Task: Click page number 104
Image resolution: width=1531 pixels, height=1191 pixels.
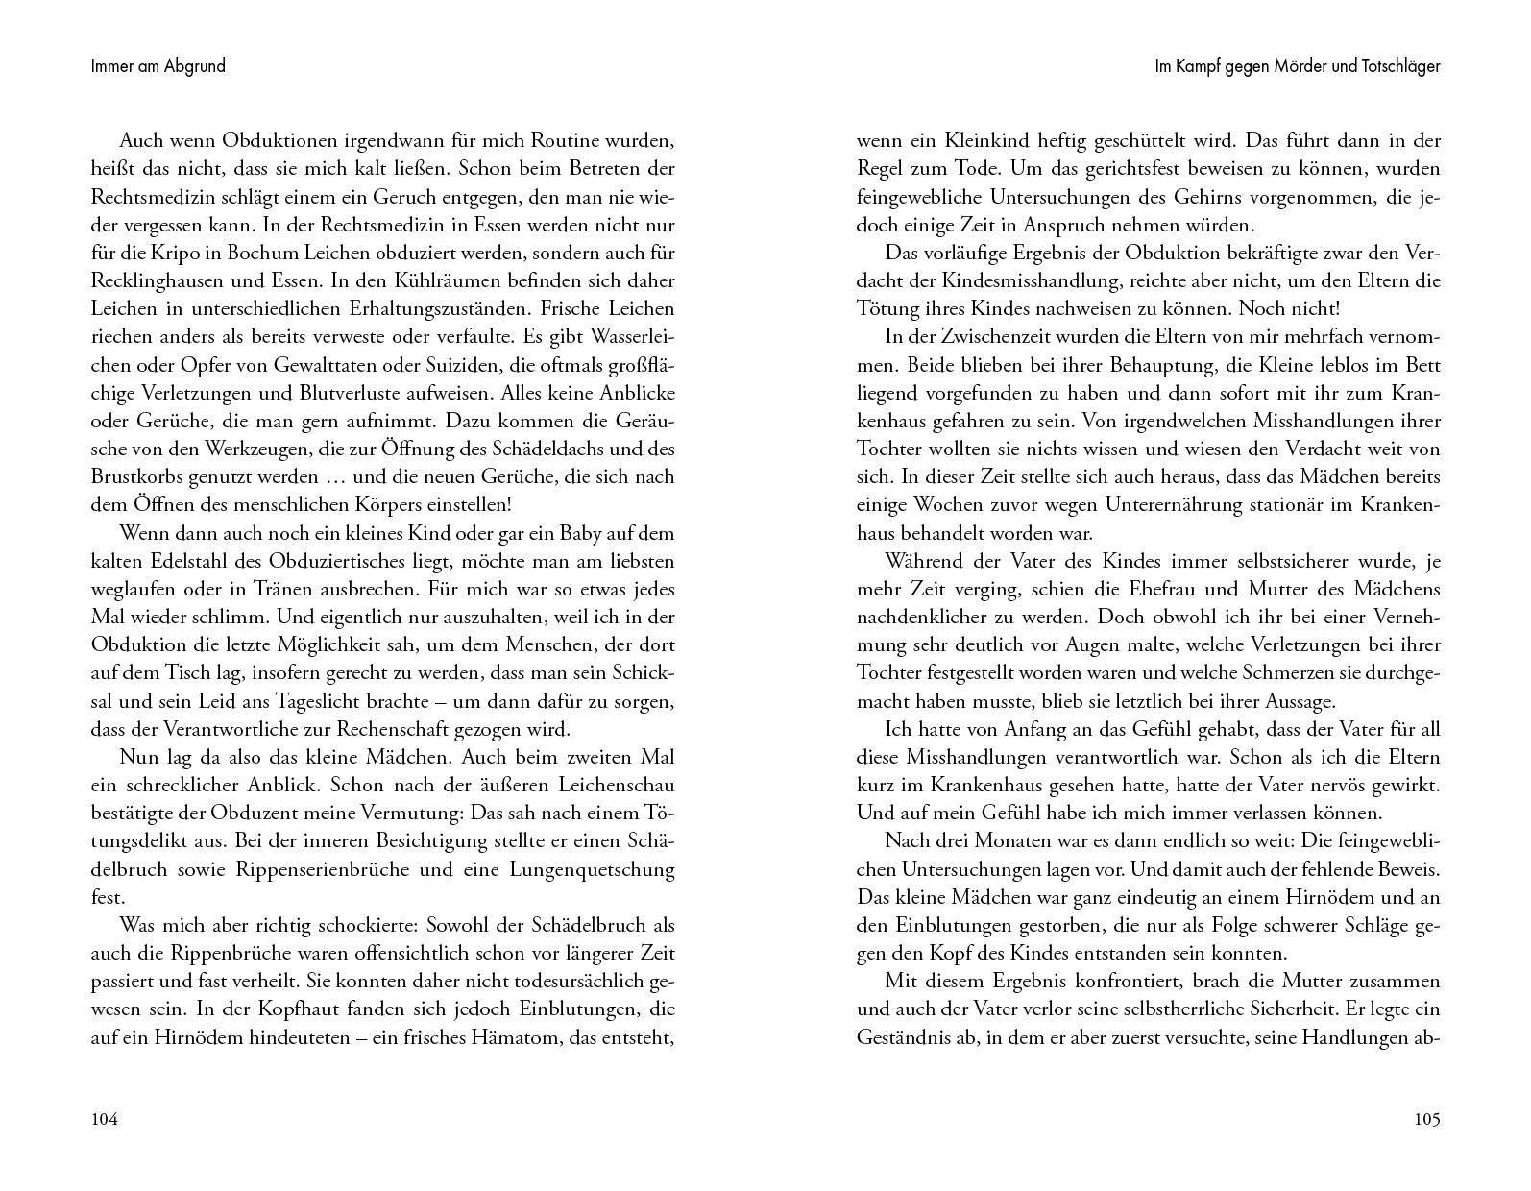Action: tap(104, 1119)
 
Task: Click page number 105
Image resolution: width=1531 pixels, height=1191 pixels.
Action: tap(1426, 1119)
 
